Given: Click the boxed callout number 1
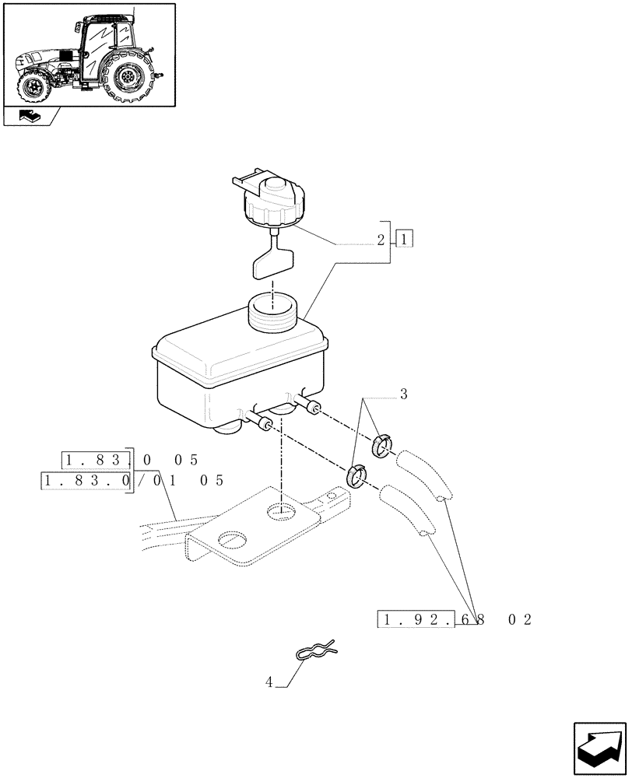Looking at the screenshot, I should tap(404, 239).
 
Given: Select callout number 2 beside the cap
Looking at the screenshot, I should tap(381, 240).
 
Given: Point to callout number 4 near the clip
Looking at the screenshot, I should tap(269, 682).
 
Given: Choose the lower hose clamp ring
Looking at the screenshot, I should tap(357, 474).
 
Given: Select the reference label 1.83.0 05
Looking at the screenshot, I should tap(132, 459).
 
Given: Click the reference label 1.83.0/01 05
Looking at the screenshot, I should tap(132, 480).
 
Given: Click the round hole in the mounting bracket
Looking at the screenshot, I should tap(281, 510).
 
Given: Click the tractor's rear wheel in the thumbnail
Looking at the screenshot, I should tap(128, 76).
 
